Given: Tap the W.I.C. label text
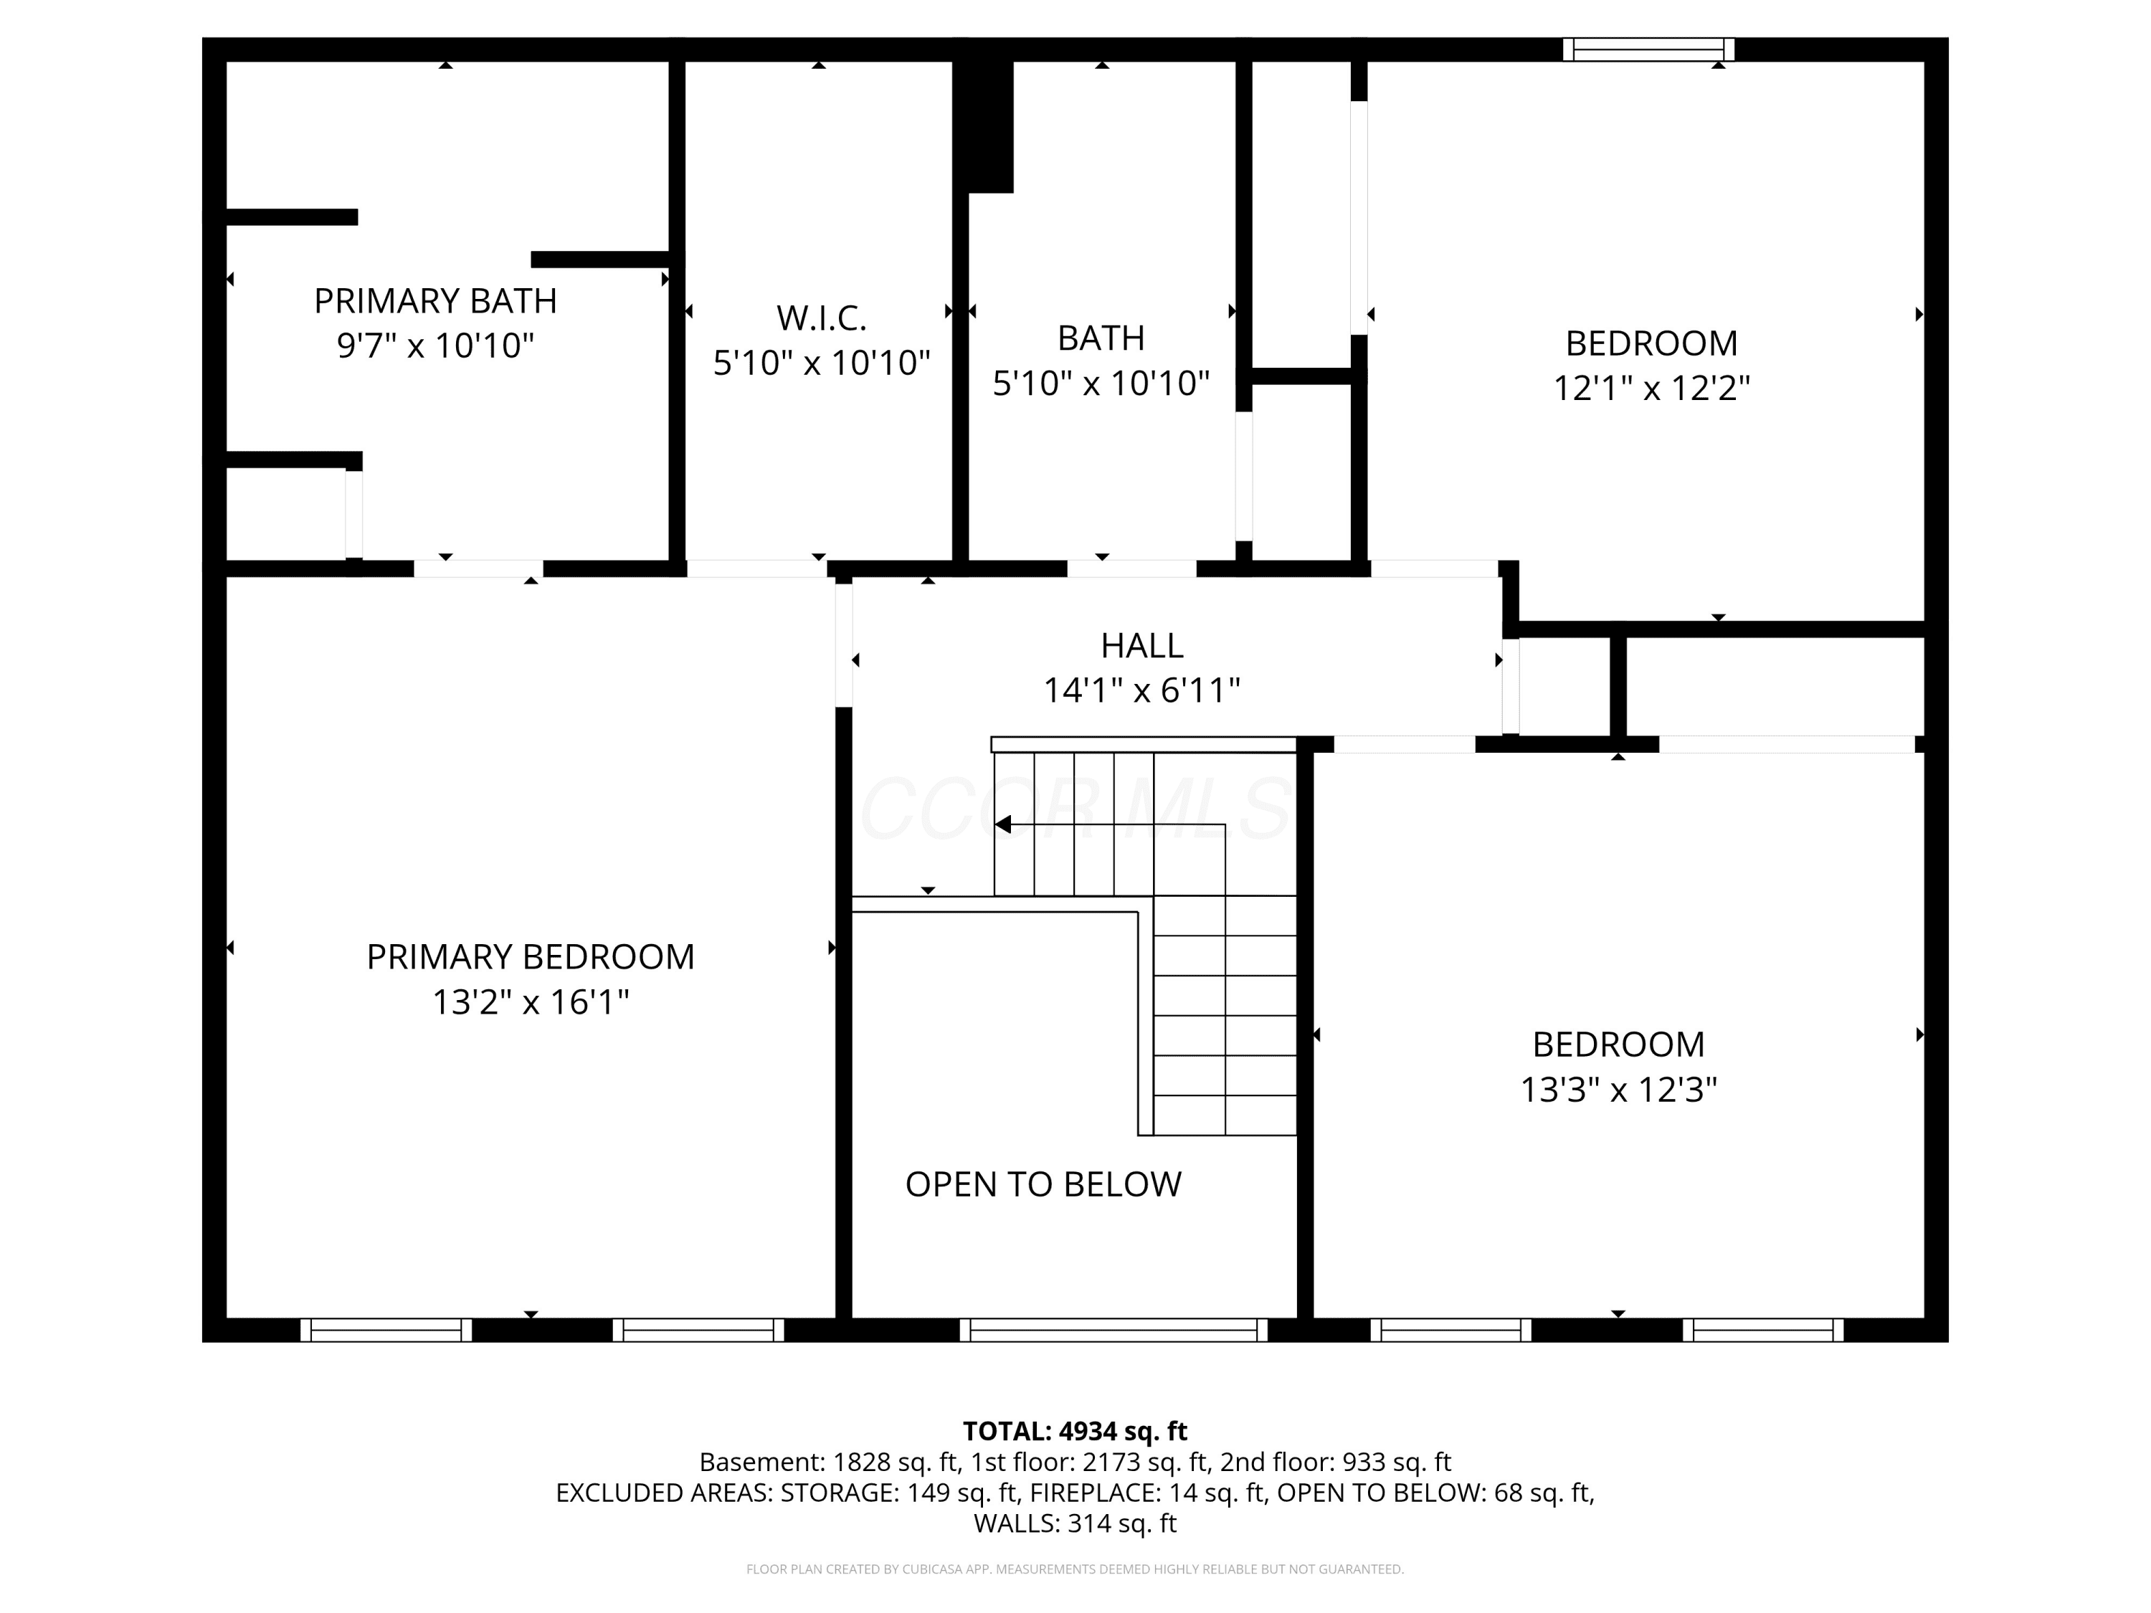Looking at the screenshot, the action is [821, 318].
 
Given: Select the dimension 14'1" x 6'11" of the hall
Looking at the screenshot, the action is [1141, 690].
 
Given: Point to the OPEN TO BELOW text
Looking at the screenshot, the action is [1043, 1184].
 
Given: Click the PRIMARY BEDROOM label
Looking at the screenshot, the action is [530, 957].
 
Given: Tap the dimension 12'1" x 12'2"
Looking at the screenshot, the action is [1651, 388].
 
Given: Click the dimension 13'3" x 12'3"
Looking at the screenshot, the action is [1618, 1089].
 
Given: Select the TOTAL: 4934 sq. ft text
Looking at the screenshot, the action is [1075, 1431].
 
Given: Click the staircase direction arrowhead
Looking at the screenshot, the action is [1002, 824].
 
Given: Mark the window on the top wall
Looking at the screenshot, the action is [1648, 49].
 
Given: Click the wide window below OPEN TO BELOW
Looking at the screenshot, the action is [1114, 1330].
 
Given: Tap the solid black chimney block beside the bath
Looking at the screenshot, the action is [984, 126].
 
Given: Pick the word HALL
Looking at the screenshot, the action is [1141, 646].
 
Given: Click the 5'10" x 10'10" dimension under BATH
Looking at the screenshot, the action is [1101, 383].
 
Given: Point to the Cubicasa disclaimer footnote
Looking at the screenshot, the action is [1075, 1569].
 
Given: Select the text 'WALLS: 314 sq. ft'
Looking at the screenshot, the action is [1075, 1523].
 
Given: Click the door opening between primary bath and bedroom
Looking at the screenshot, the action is [478, 568].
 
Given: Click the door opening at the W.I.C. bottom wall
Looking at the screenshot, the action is [756, 568].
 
